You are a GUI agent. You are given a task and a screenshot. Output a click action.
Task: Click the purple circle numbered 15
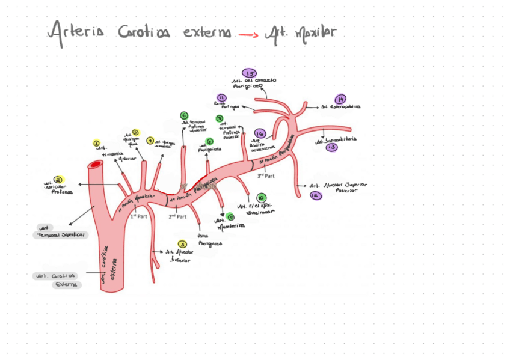249,73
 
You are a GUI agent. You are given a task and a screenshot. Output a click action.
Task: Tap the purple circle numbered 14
340,99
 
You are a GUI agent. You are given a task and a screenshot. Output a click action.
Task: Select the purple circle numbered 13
332,147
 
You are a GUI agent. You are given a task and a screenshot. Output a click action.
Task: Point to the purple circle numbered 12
316,195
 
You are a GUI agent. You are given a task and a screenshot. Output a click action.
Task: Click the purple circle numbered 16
260,133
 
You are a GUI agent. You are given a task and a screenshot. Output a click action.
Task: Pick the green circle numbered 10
260,197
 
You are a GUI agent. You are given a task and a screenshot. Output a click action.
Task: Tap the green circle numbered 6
184,115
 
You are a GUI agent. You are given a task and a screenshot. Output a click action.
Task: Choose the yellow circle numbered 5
183,244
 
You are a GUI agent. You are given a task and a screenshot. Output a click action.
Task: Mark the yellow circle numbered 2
58,179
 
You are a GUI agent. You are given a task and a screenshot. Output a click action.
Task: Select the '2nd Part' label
176,215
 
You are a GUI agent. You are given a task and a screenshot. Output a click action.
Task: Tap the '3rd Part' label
266,176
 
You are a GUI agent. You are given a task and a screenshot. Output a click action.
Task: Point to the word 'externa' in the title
206,32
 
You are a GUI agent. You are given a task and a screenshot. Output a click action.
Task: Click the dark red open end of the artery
96,164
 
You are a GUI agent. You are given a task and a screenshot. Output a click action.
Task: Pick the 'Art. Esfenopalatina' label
340,107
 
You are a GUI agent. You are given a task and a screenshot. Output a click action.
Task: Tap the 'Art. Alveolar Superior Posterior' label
338,188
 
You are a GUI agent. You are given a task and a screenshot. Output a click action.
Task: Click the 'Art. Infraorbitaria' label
336,139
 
